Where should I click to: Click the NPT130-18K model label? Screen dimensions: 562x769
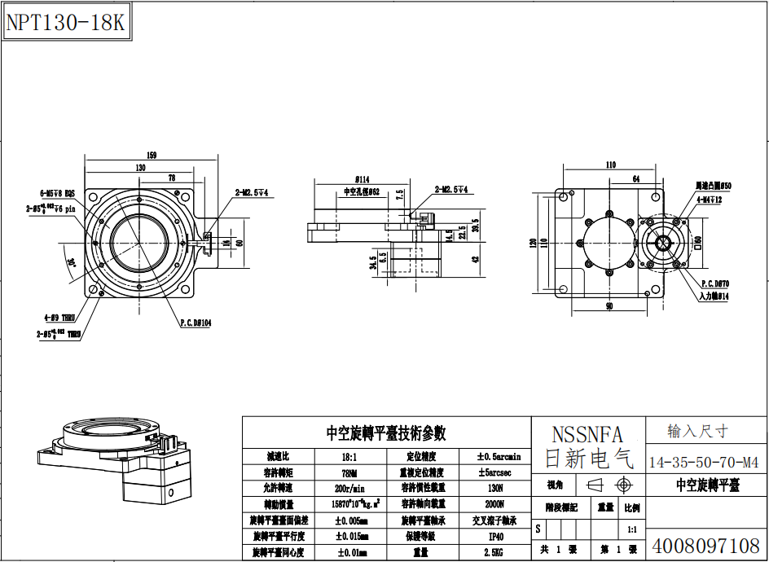65,22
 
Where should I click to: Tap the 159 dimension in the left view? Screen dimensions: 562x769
152,156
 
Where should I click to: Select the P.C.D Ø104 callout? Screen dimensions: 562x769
196,323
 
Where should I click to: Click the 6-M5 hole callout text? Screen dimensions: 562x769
57,193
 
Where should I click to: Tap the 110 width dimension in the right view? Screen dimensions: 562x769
611,165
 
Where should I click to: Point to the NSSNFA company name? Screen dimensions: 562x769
587,434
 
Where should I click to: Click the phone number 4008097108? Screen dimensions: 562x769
706,544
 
